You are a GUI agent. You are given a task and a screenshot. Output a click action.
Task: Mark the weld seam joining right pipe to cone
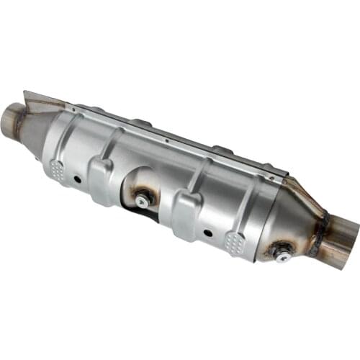click(x=319, y=232)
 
